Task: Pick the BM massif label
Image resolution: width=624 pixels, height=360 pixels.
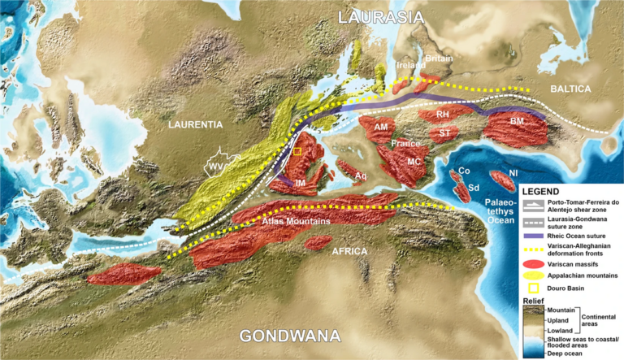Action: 517,121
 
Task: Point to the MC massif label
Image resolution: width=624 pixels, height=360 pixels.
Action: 414,162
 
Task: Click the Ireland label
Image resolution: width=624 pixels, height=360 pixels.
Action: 409,65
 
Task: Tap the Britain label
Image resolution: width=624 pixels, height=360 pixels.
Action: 440,59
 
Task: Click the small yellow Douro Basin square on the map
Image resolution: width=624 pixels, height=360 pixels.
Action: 297,152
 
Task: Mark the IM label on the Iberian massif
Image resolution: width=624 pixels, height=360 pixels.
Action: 301,184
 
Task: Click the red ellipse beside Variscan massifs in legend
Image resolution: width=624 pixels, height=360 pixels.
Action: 533,263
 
